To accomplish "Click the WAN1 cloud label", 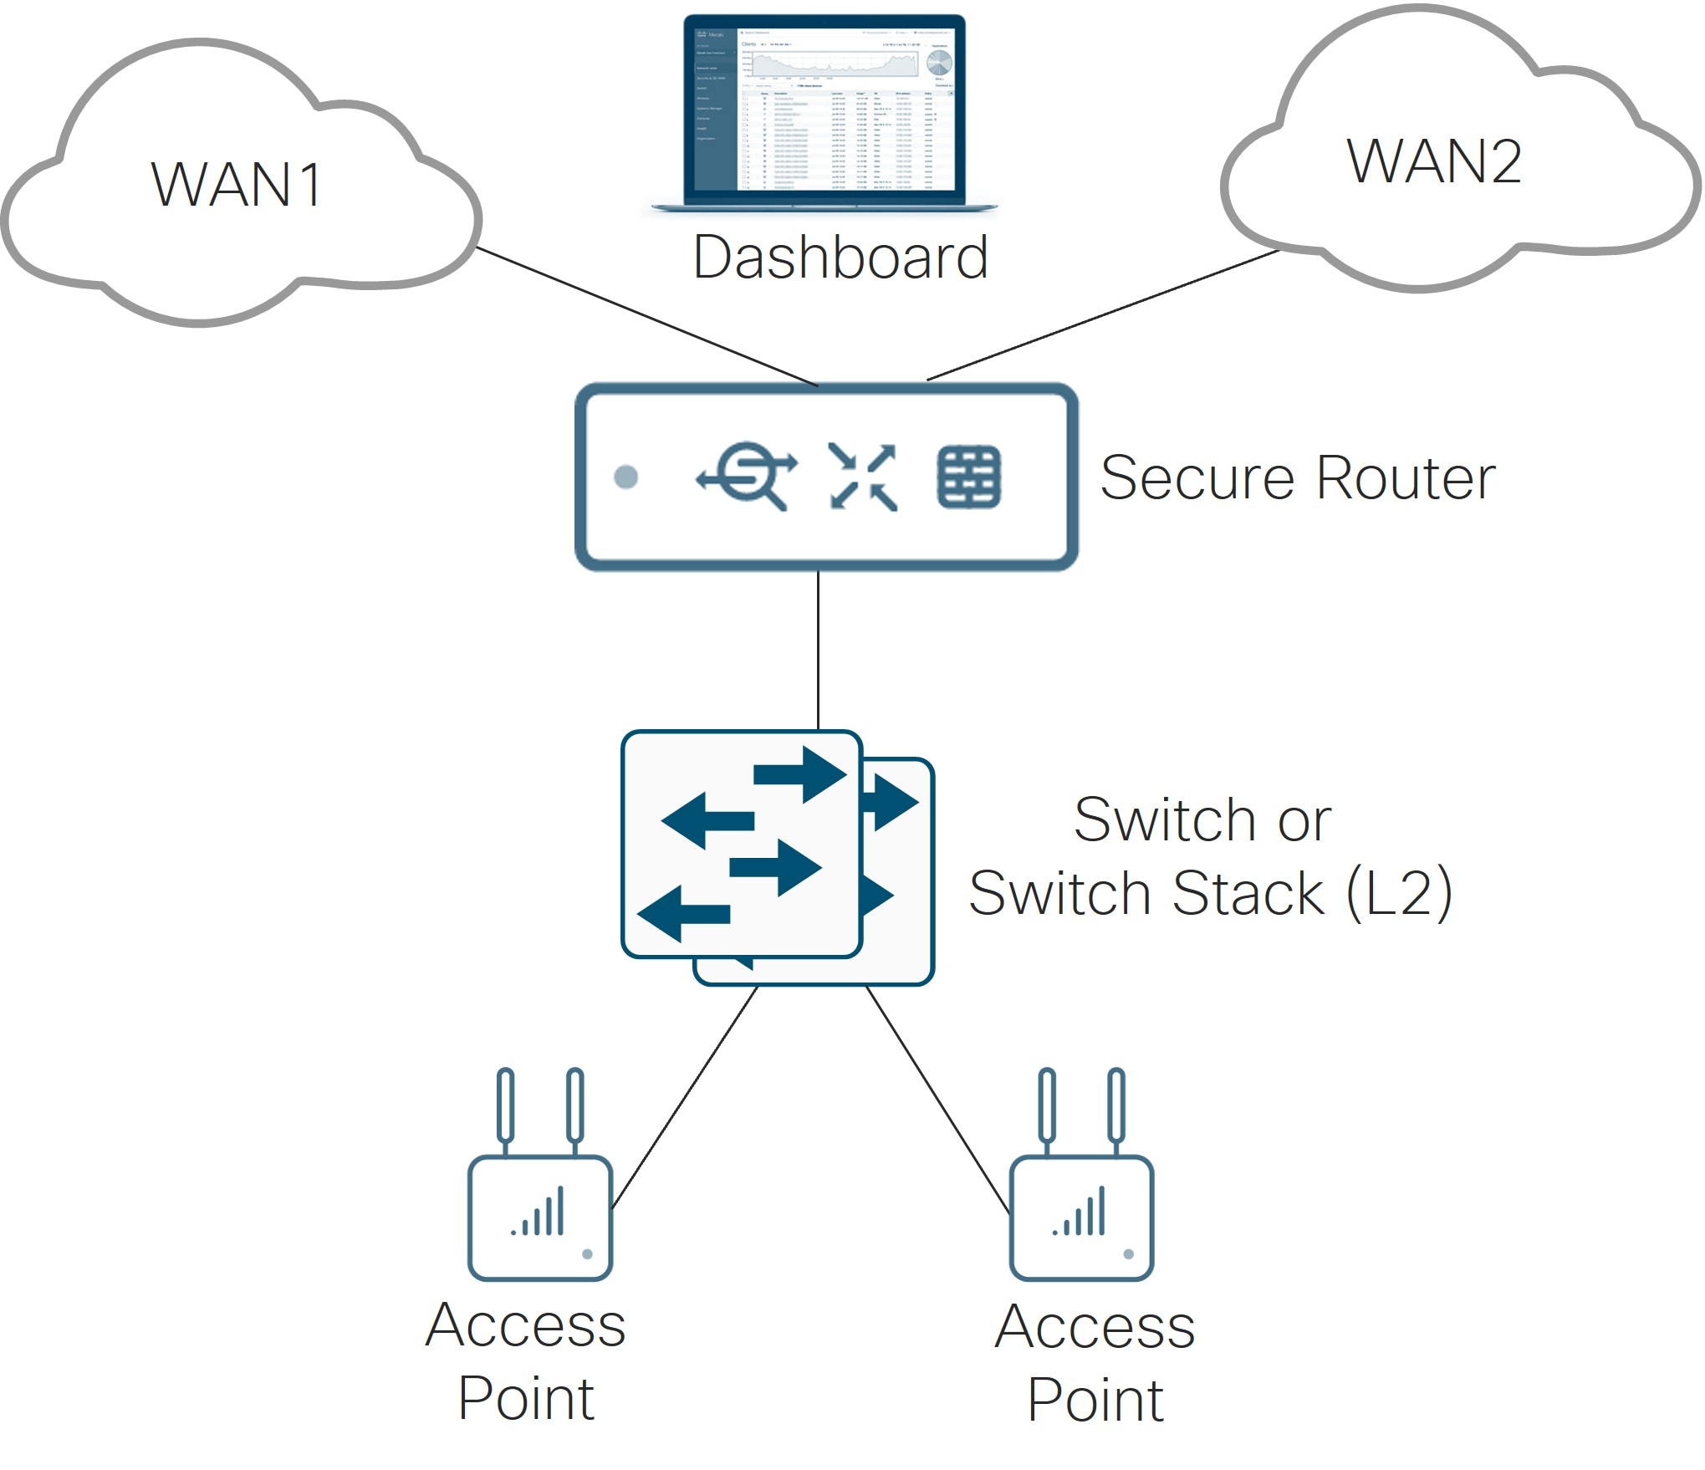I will [236, 185].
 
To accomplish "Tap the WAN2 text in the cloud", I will [1433, 161].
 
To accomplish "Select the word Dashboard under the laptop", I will [840, 257].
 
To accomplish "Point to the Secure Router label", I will [1297, 477].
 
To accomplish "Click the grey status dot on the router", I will [625, 477].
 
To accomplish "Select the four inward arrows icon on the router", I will [863, 477].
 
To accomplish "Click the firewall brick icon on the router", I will [968, 477].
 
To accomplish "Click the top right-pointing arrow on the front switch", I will [800, 774].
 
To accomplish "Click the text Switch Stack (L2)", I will [1211, 893].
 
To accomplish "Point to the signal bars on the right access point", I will [1080, 1213].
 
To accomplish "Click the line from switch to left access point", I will [686, 1095].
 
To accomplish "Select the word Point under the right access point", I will [1095, 1399].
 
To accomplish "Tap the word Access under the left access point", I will [525, 1325].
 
